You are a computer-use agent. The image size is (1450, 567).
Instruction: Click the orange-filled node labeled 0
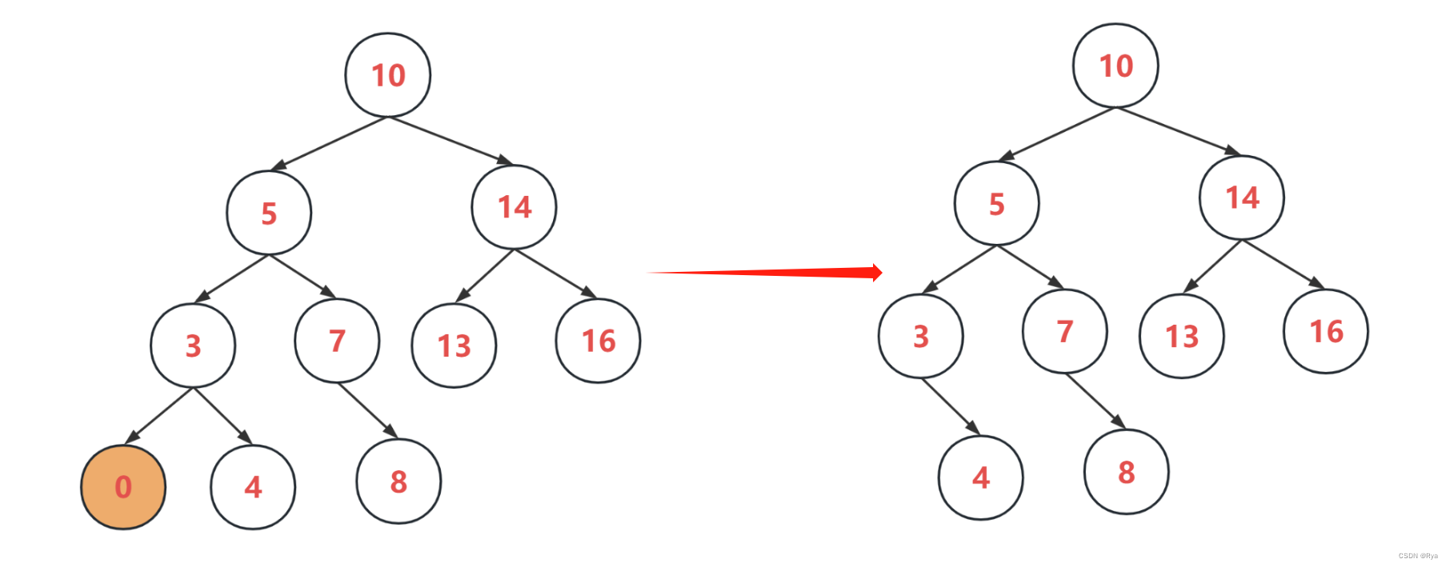[123, 487]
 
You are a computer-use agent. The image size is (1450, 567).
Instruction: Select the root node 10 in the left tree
[388, 75]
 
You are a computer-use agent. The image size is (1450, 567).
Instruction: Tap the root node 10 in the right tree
[1116, 66]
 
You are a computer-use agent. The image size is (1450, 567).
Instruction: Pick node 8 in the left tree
[399, 481]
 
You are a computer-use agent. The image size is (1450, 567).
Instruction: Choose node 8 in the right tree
[1126, 472]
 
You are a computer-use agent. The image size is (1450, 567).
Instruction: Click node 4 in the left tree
[253, 487]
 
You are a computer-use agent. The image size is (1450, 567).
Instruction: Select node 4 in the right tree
[980, 477]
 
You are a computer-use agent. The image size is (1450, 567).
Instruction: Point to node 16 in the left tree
[598, 341]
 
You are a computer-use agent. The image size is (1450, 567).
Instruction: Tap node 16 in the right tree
[1325, 331]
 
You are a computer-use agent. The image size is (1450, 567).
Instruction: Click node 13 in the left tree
[454, 345]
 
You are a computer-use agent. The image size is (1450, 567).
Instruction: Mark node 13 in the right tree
[1181, 336]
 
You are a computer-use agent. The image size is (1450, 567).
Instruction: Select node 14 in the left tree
[514, 207]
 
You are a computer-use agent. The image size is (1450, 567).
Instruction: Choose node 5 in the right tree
[996, 204]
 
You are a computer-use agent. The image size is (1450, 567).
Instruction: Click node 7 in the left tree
[337, 341]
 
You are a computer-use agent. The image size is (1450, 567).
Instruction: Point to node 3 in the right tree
[920, 336]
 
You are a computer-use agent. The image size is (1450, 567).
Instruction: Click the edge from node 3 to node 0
[160, 414]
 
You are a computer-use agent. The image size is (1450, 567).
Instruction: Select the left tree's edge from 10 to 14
[450, 141]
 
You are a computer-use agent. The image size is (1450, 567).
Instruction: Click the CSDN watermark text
[1417, 556]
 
